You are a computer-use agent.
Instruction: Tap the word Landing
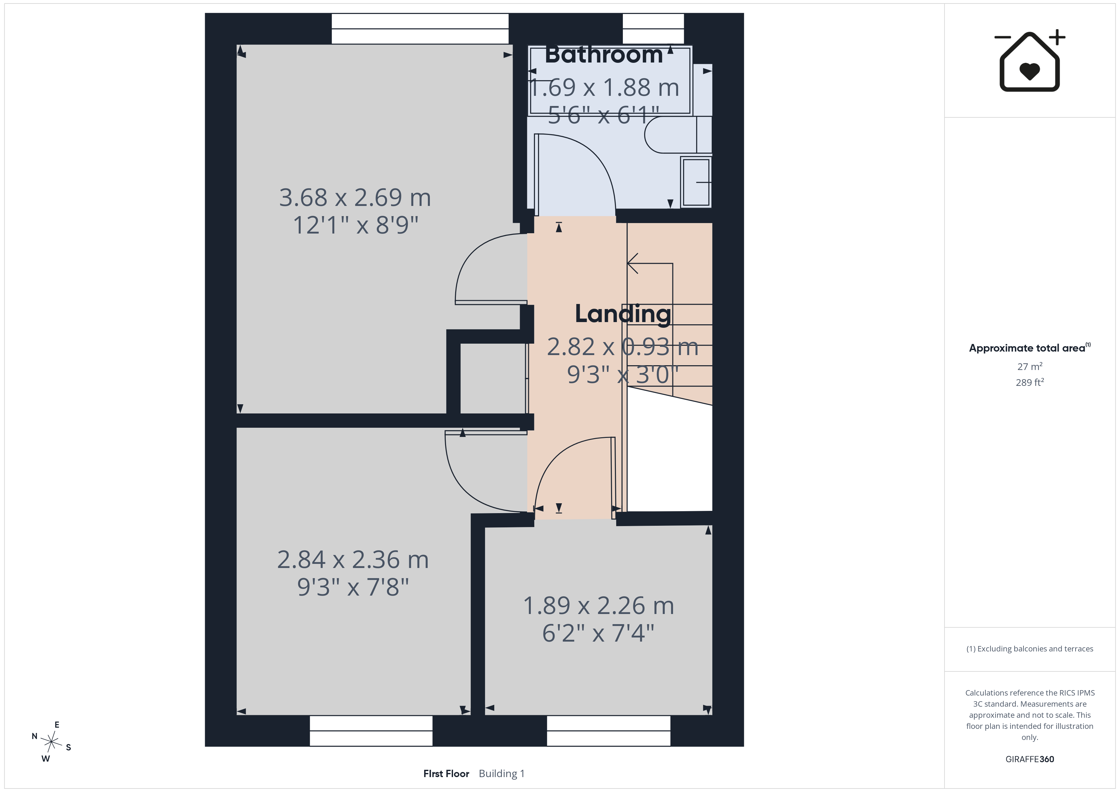pyautogui.click(x=623, y=313)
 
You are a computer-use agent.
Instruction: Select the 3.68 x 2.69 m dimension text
pyautogui.click(x=355, y=197)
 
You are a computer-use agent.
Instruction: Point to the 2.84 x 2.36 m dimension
pyautogui.click(x=353, y=559)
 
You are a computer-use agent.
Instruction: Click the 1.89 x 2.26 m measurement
pyautogui.click(x=598, y=606)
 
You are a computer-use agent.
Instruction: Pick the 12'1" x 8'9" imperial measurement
pyautogui.click(x=356, y=225)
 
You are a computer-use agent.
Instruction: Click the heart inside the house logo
pyautogui.click(x=1030, y=71)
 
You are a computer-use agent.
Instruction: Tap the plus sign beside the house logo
pyautogui.click(x=1057, y=37)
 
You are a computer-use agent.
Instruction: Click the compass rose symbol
pyautogui.click(x=51, y=742)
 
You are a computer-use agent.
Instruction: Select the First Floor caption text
pyautogui.click(x=446, y=774)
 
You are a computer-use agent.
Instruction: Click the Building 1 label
pyautogui.click(x=502, y=774)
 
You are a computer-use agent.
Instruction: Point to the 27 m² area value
pyautogui.click(x=1030, y=366)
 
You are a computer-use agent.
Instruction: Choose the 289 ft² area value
pyautogui.click(x=1030, y=382)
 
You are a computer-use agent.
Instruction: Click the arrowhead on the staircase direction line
pyautogui.click(x=633, y=263)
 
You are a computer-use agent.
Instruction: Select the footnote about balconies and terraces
pyautogui.click(x=1030, y=649)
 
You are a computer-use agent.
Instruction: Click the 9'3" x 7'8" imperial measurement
pyautogui.click(x=353, y=587)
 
